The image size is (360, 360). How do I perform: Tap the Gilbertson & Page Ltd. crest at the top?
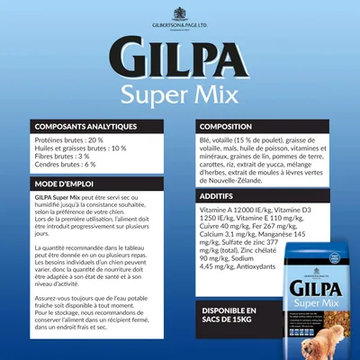pyautogui.click(x=179, y=13)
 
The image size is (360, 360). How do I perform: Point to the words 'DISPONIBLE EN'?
pyautogui.click(x=220, y=311)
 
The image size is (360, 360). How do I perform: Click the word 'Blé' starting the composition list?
pyautogui.click(x=203, y=140)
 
